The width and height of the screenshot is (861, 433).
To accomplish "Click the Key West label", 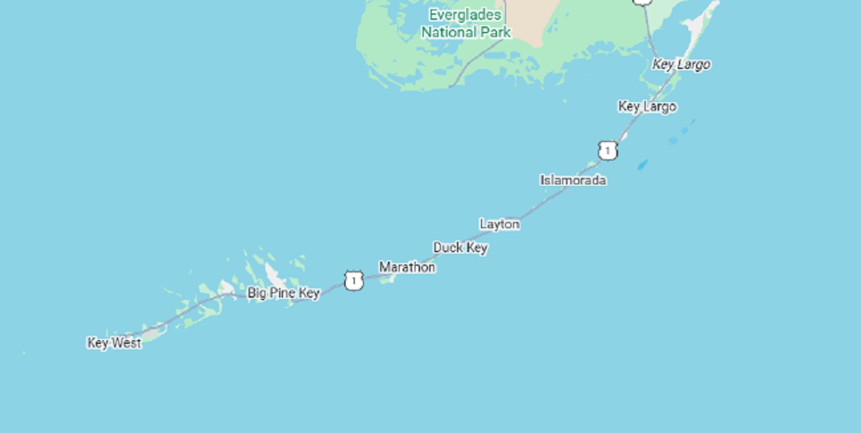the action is click(114, 343).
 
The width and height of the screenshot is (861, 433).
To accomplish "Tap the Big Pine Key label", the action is click(284, 293).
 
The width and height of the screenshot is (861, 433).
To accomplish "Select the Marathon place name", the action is click(407, 268).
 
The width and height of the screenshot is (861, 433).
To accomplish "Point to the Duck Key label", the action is click(461, 248).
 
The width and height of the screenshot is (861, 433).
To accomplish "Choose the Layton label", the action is click(499, 224).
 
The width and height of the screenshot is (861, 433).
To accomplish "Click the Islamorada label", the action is click(573, 180).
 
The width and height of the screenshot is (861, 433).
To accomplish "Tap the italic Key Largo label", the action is click(681, 65).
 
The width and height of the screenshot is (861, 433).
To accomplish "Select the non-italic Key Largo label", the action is click(647, 106).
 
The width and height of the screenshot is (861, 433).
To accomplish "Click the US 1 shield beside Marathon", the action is click(354, 281).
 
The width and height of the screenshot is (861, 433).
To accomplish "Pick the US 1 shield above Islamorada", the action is click(608, 151).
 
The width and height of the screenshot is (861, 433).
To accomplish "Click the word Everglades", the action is click(466, 15).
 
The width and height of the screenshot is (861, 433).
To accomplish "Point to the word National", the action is click(450, 32).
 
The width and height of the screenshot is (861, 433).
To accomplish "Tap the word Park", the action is click(496, 32).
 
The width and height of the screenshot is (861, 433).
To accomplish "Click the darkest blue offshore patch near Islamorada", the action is click(643, 165).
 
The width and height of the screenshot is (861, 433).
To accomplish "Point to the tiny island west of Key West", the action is click(24, 353).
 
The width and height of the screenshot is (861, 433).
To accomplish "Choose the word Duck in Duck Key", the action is click(446, 248).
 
